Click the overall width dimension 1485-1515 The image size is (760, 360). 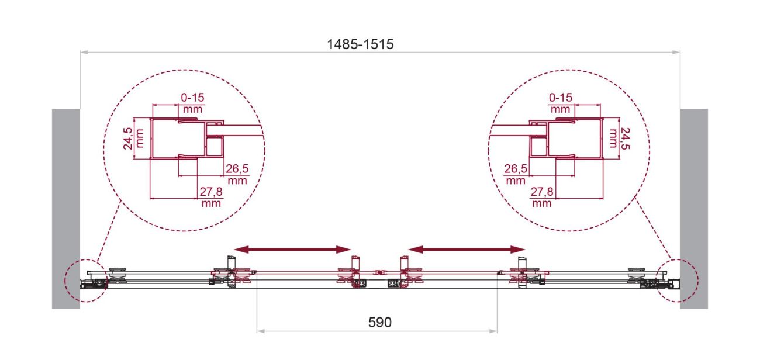(x=360, y=44)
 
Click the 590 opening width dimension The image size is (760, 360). (x=379, y=322)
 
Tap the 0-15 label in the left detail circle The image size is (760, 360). (x=192, y=98)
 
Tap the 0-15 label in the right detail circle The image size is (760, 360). (x=561, y=98)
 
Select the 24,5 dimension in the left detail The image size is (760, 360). (x=128, y=139)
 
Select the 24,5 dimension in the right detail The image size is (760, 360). (x=624, y=139)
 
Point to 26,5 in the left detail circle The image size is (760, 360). (x=237, y=168)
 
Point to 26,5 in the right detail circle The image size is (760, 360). (x=516, y=168)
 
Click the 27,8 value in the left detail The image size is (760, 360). (x=211, y=192)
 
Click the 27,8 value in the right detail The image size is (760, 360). (x=542, y=192)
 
